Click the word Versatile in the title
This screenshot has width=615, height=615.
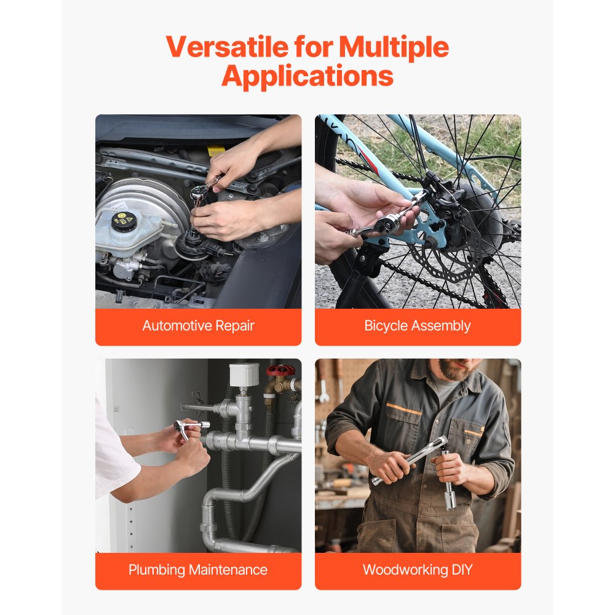(226, 47)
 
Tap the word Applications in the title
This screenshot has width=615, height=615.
(307, 76)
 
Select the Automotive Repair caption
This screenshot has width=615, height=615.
(198, 326)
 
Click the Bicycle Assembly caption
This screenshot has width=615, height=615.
(418, 326)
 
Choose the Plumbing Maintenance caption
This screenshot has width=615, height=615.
(198, 570)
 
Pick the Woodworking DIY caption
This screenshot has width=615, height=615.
(418, 570)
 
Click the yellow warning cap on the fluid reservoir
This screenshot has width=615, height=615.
(123, 219)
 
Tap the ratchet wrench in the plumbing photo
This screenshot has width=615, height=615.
(183, 427)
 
